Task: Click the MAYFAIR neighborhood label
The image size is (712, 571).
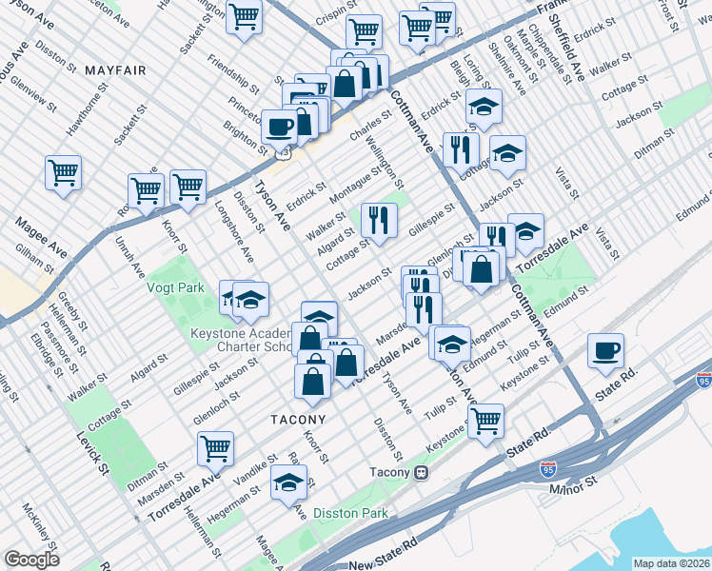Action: (x=114, y=70)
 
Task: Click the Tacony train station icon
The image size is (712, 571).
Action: (x=420, y=472)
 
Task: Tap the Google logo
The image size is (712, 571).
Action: (x=31, y=560)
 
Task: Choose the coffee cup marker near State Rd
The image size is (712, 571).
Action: (x=605, y=350)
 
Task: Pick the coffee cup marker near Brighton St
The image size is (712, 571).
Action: (x=279, y=127)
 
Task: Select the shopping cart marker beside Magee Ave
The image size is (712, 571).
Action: (x=64, y=172)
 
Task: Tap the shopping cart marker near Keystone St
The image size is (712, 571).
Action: (x=485, y=419)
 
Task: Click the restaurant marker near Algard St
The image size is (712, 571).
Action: (x=379, y=220)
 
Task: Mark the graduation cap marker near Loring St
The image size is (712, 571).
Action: (x=485, y=108)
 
